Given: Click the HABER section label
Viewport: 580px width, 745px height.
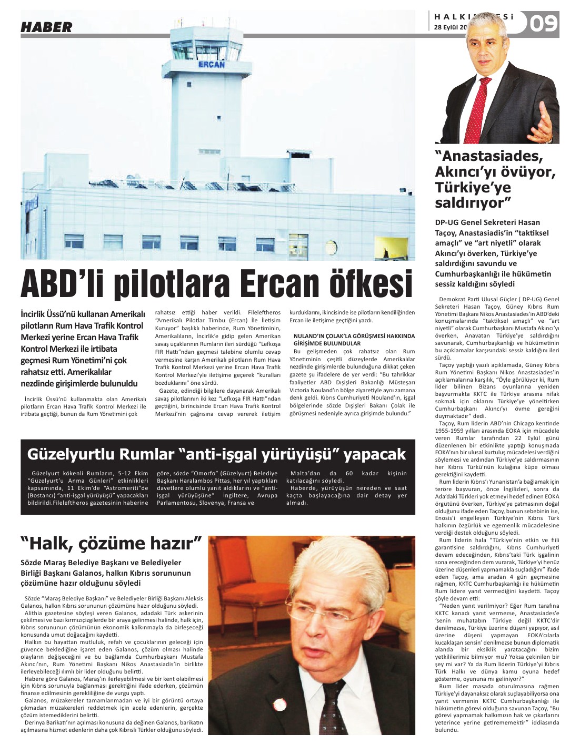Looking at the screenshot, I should [46, 27].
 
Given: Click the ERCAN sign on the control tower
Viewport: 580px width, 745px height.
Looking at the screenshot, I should [211, 65].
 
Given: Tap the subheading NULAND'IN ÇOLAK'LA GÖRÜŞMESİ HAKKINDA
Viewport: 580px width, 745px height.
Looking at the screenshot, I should [354, 335].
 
